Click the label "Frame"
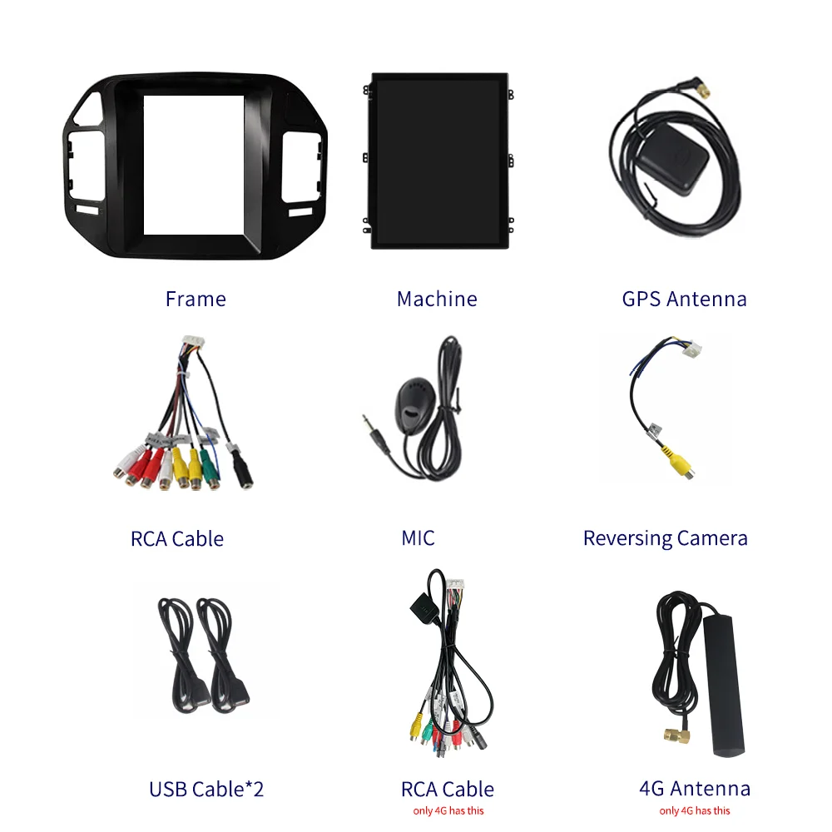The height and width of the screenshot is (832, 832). click(x=196, y=299)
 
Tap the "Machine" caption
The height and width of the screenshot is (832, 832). click(x=437, y=299)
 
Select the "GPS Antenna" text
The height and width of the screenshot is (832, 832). click(x=684, y=299)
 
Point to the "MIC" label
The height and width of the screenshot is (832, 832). click(x=418, y=538)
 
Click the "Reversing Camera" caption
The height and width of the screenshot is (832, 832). click(x=665, y=538)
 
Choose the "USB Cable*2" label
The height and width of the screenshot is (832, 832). click(x=206, y=789)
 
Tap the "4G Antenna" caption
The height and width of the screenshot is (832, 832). click(x=695, y=789)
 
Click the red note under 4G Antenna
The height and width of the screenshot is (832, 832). click(x=695, y=811)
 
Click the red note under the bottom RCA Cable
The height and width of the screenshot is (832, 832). click(x=448, y=811)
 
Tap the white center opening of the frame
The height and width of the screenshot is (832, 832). click(x=196, y=164)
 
